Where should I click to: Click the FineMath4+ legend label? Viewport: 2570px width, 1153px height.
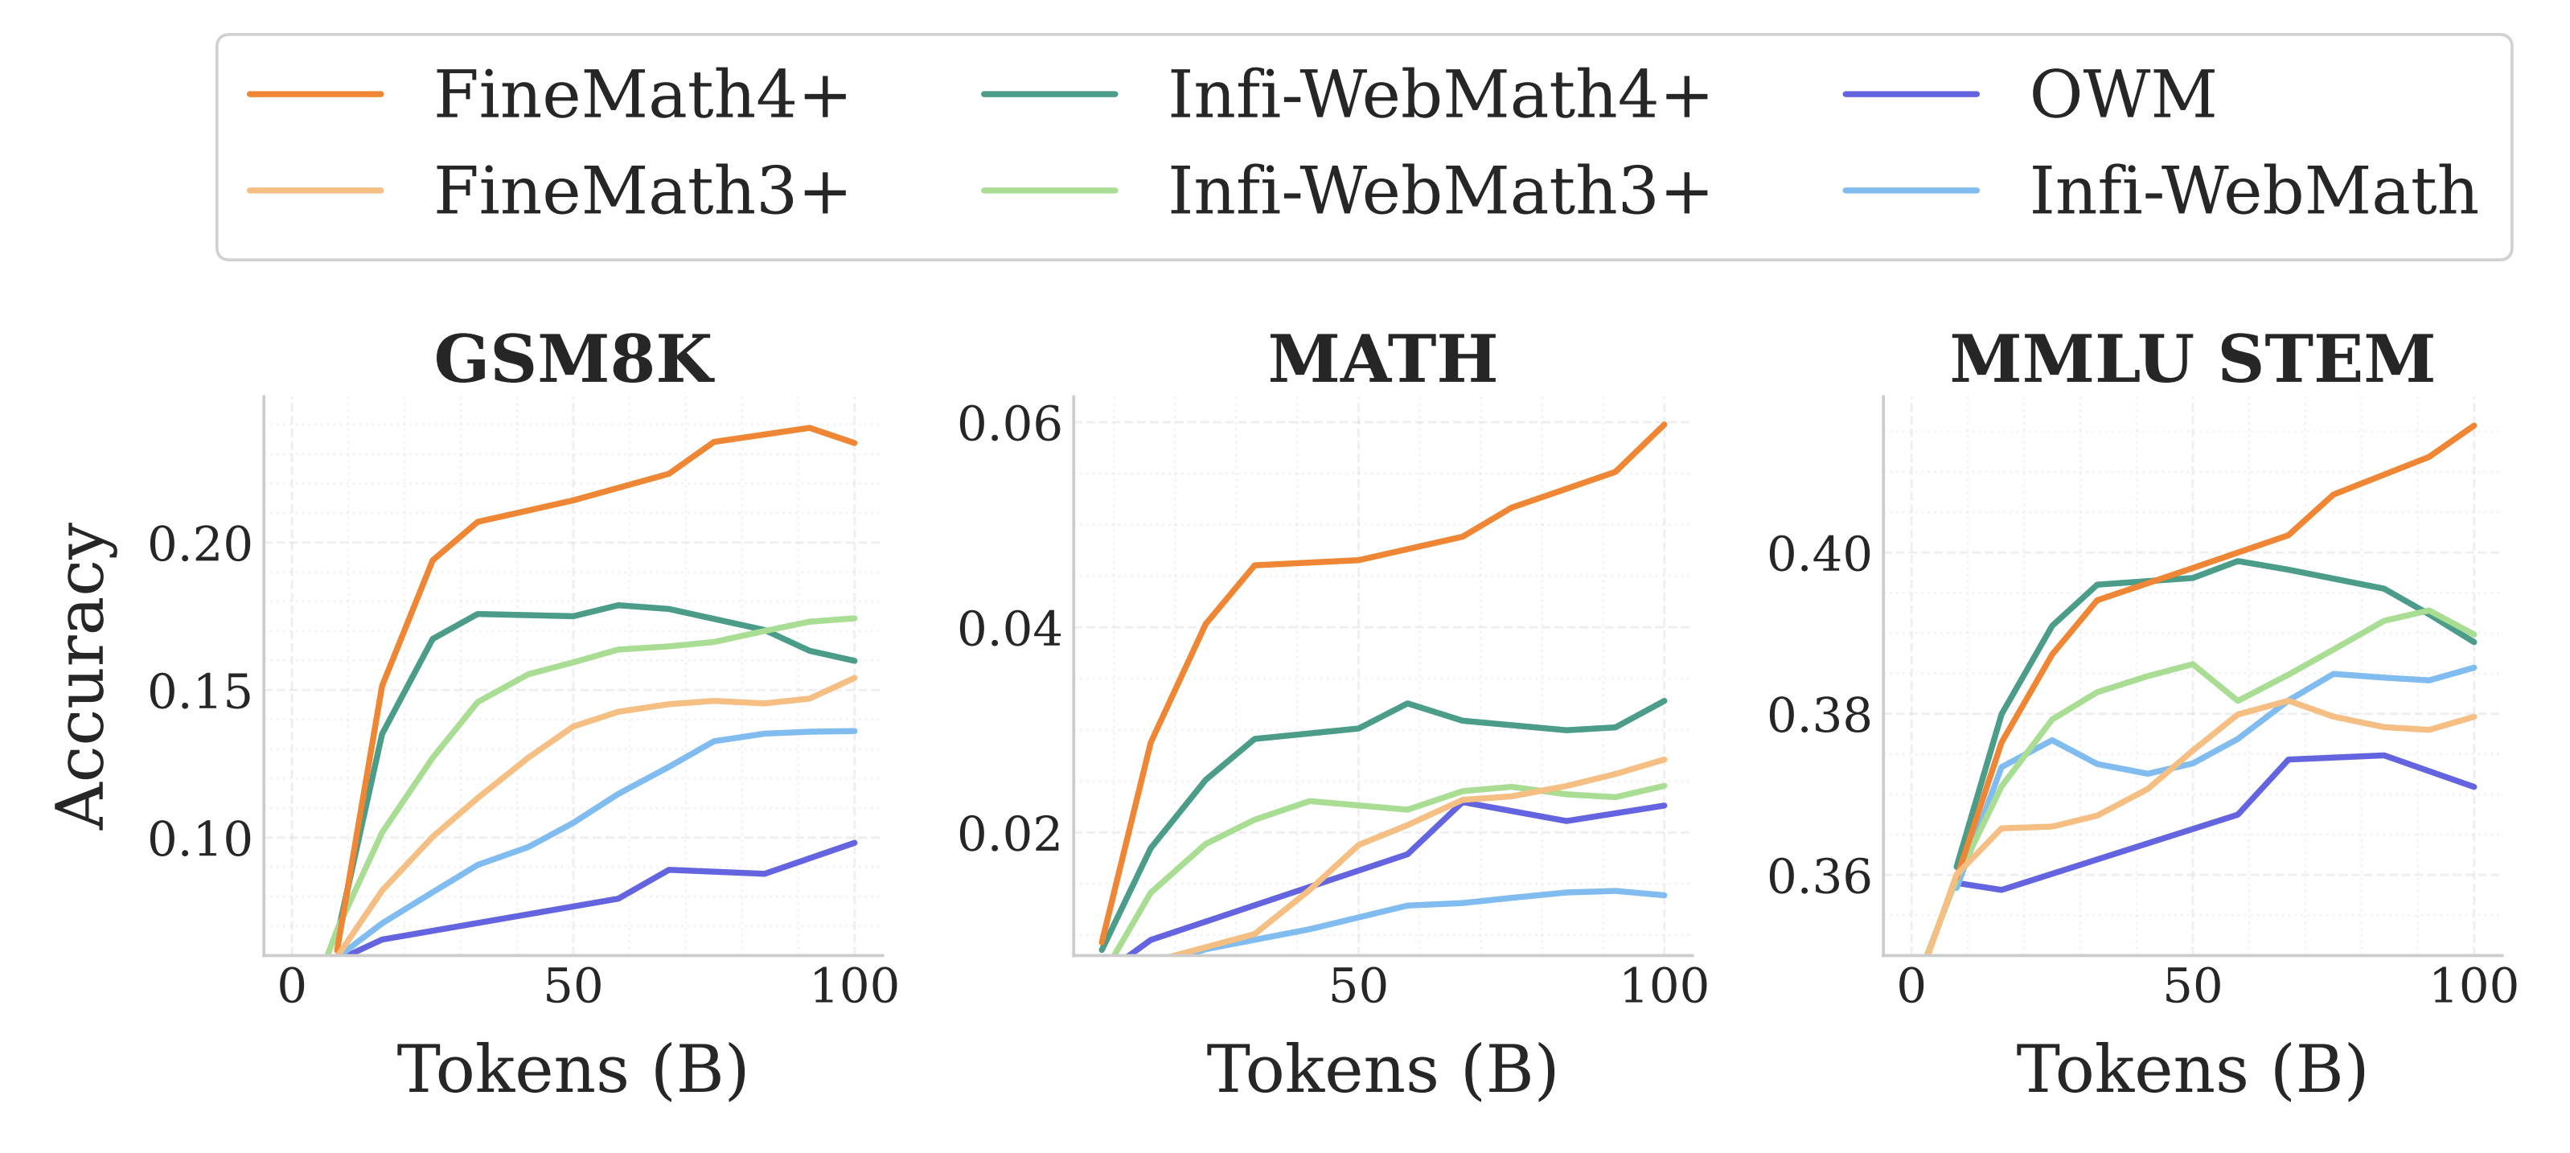coord(641,95)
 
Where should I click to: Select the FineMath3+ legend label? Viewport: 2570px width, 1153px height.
coord(641,191)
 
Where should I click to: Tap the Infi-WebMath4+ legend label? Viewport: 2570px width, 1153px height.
coord(1439,95)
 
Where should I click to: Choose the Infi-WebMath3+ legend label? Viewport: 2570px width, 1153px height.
coord(1439,191)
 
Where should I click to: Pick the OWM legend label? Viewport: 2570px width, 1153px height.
coord(2123,95)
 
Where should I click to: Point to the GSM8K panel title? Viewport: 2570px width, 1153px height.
coord(573,359)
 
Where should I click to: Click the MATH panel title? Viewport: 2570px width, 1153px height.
coord(1381,359)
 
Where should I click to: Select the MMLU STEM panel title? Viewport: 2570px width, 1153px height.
coord(2192,359)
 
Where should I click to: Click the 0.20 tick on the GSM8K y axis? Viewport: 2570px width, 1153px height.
coord(199,544)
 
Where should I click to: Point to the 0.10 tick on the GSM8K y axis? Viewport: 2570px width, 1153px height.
coord(199,839)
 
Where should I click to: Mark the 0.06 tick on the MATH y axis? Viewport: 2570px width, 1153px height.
coord(1010,424)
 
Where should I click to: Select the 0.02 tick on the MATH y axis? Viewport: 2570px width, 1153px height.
coord(1010,834)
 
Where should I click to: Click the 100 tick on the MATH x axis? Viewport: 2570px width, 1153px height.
coord(1664,987)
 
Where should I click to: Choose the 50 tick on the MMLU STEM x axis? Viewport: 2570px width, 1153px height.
coord(2193,987)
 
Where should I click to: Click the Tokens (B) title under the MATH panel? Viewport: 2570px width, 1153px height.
coord(1381,1069)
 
